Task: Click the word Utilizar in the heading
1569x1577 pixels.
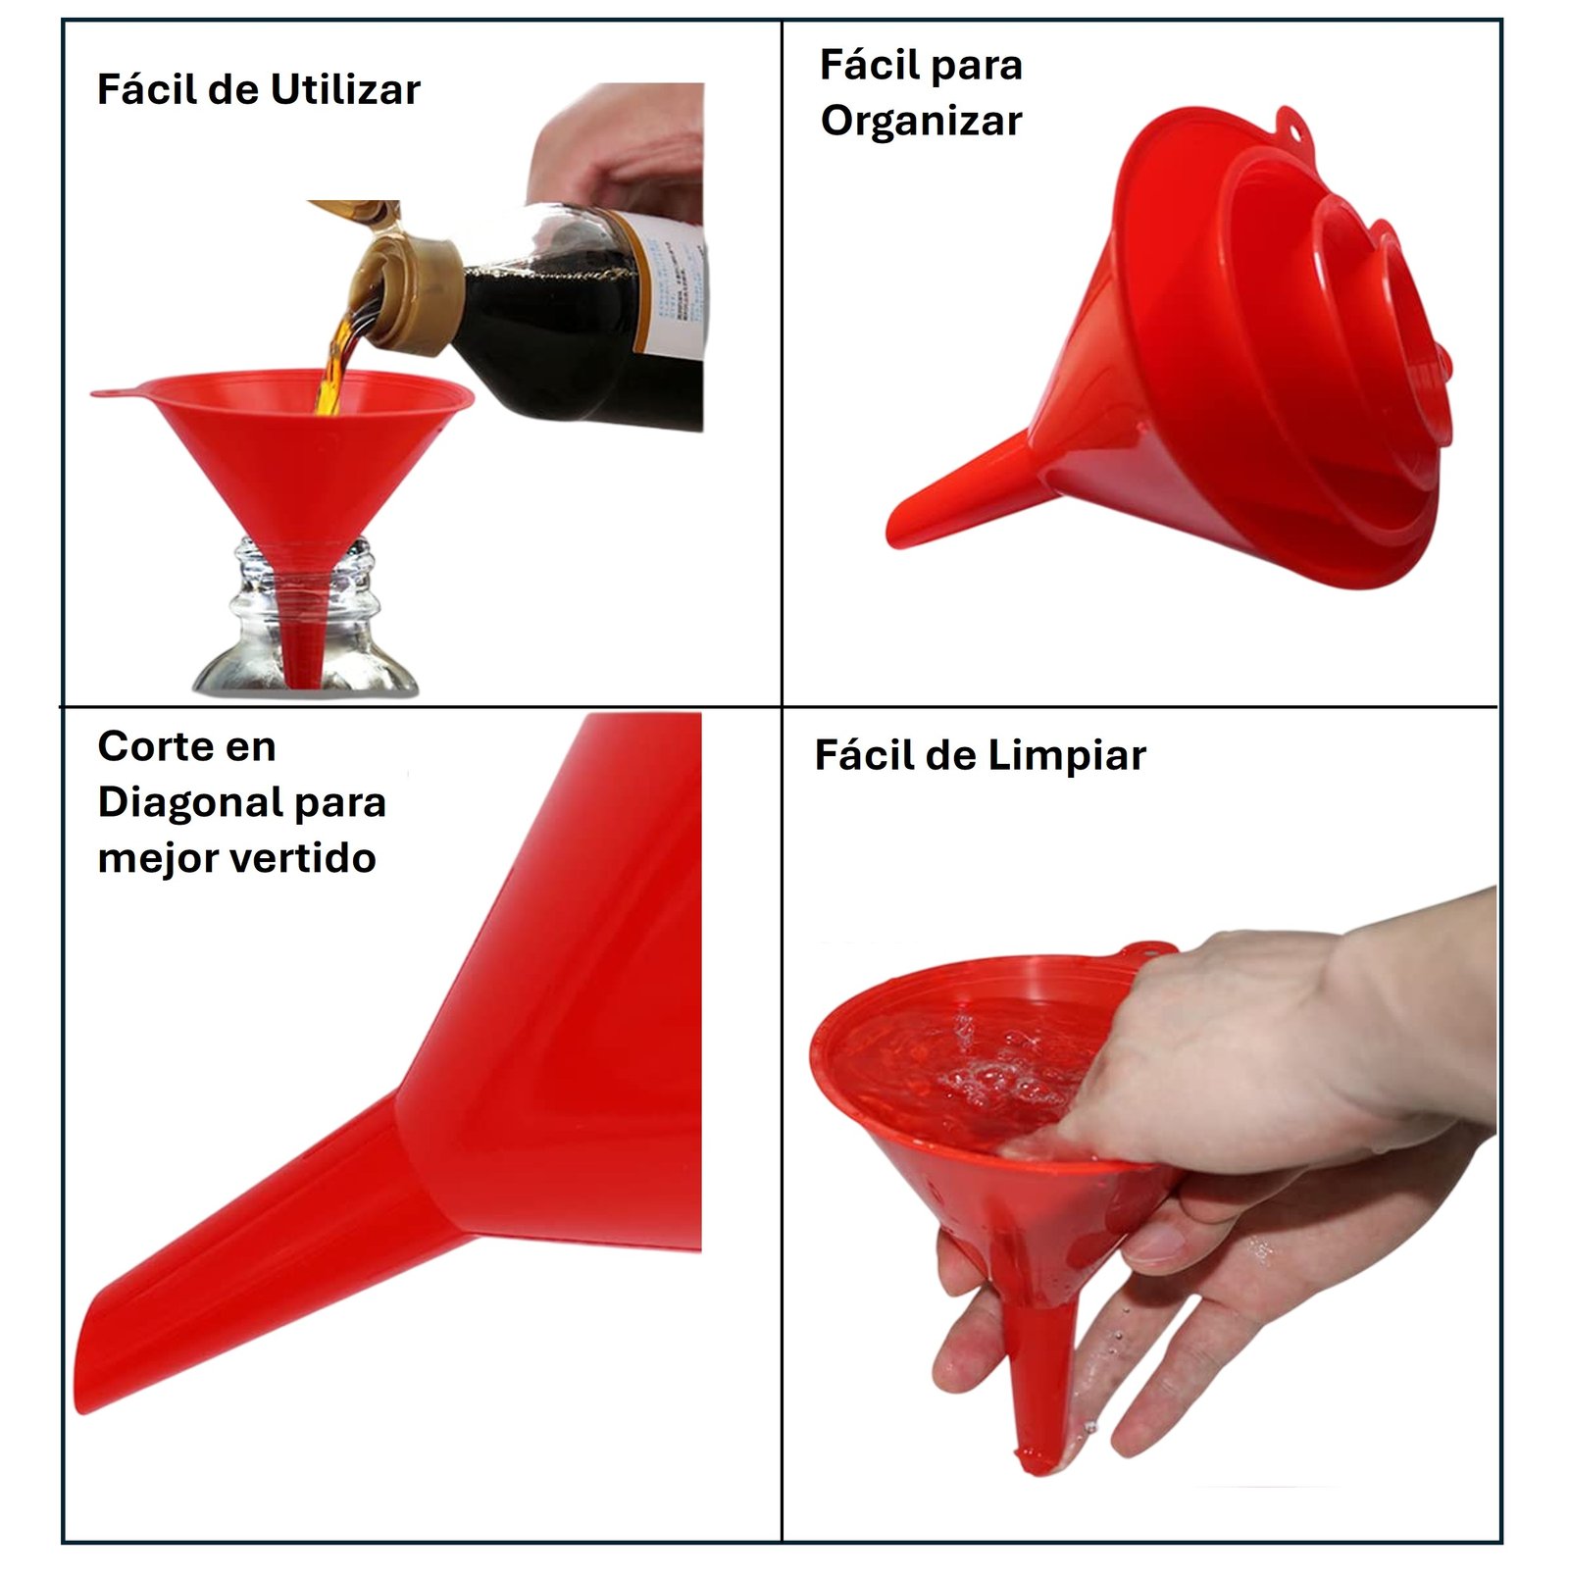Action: pyautogui.click(x=344, y=90)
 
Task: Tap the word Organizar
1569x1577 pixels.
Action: pyautogui.click(x=921, y=122)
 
